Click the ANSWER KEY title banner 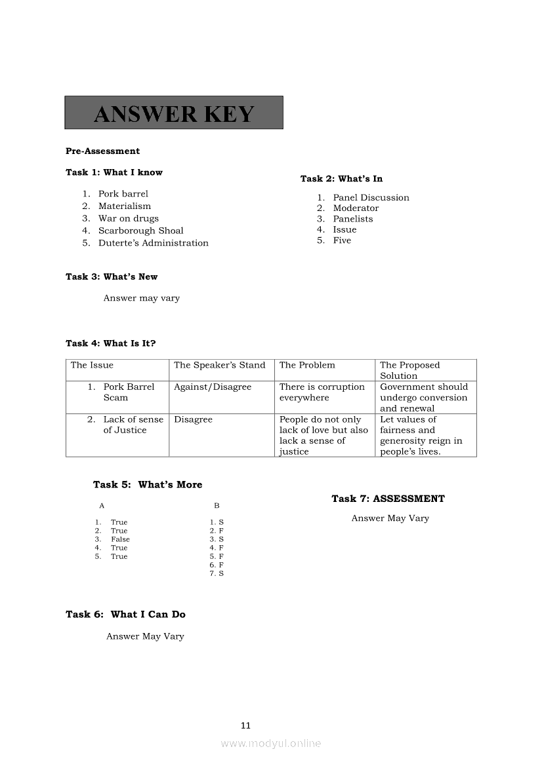click(174, 113)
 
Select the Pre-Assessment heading click(102, 151)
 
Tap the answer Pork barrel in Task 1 click(123, 194)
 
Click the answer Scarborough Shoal click(141, 231)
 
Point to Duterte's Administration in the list click(154, 243)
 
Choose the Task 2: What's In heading click(341, 179)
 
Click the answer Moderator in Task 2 click(356, 208)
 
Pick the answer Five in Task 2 click(342, 240)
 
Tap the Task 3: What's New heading click(112, 277)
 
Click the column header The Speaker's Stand click(220, 366)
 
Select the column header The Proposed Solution click(410, 370)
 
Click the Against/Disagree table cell click(213, 387)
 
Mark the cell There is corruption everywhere click(322, 393)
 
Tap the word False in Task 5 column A click(120, 539)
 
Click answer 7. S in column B click(217, 573)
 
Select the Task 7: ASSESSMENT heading click(388, 499)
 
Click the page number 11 click(246, 725)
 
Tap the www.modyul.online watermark click(271, 744)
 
